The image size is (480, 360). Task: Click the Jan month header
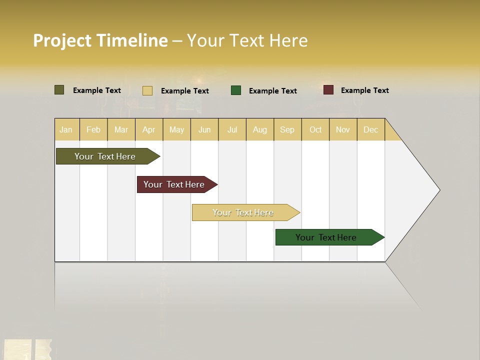tap(66, 129)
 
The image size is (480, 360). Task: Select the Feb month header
tap(93, 129)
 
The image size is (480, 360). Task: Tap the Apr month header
tap(149, 129)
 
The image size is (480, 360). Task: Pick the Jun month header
tap(204, 129)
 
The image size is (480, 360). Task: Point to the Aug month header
tap(260, 129)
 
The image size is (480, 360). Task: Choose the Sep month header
tap(287, 129)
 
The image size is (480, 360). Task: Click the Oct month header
tap(315, 129)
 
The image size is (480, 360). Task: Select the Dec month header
tap(371, 129)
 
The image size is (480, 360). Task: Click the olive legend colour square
tap(59, 90)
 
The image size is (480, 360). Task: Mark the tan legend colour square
tap(147, 90)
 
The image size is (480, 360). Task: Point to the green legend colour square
tap(236, 90)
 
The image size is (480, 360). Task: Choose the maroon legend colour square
tap(328, 90)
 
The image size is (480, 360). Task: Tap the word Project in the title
tap(62, 40)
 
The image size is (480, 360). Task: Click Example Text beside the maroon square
tap(364, 90)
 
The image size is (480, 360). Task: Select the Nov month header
tap(343, 129)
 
